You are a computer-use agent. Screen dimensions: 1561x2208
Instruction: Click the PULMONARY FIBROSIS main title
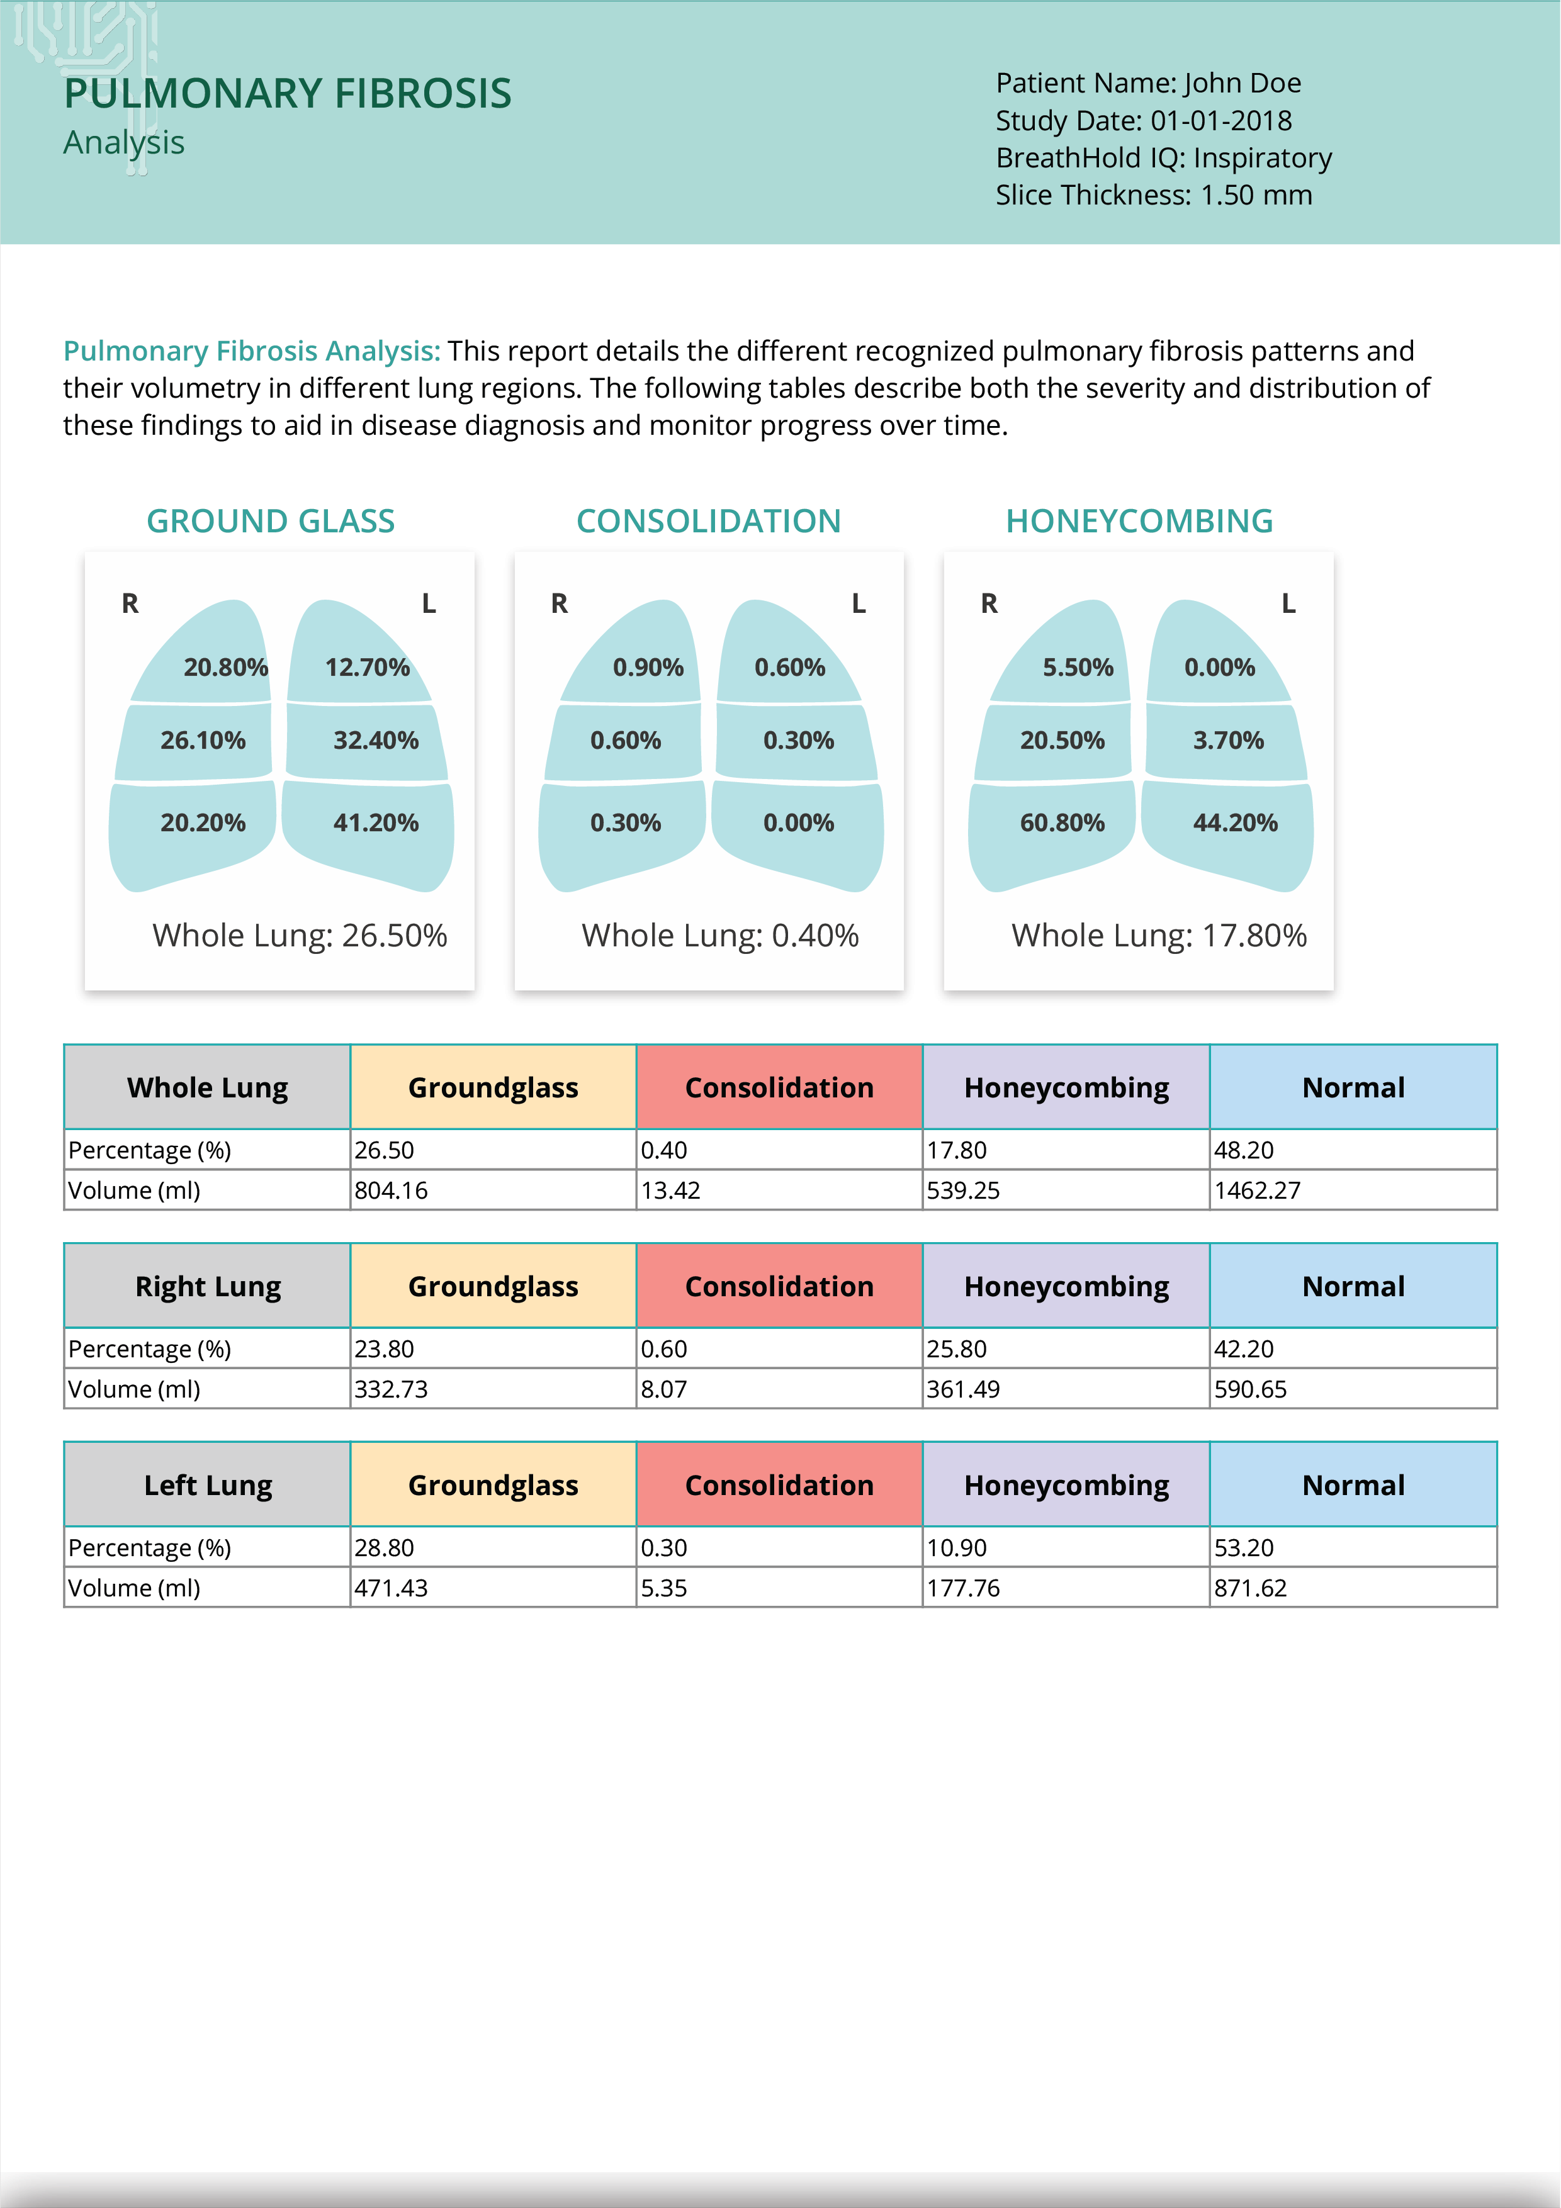[288, 93]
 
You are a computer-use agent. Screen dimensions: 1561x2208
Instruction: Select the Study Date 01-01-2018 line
[1144, 120]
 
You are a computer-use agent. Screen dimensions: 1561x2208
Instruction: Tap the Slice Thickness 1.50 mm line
[1153, 195]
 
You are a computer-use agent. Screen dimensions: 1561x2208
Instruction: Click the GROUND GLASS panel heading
[270, 521]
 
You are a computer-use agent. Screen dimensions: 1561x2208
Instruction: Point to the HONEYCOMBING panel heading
[1140, 521]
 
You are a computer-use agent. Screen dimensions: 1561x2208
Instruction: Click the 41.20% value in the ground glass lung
[376, 823]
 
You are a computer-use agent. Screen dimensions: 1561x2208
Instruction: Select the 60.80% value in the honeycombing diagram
[1062, 823]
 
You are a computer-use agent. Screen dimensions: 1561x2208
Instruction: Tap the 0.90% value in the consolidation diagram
[648, 668]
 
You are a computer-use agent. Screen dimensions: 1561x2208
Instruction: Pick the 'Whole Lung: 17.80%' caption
[1159, 936]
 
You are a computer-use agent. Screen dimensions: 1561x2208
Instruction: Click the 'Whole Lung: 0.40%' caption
[719, 936]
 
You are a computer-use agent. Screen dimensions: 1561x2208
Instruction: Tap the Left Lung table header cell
[208, 1485]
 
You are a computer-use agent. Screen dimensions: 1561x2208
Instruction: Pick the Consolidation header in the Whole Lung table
[779, 1088]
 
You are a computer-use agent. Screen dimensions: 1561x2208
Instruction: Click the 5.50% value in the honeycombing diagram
[1078, 668]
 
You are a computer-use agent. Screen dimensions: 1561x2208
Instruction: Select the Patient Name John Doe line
[1148, 82]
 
